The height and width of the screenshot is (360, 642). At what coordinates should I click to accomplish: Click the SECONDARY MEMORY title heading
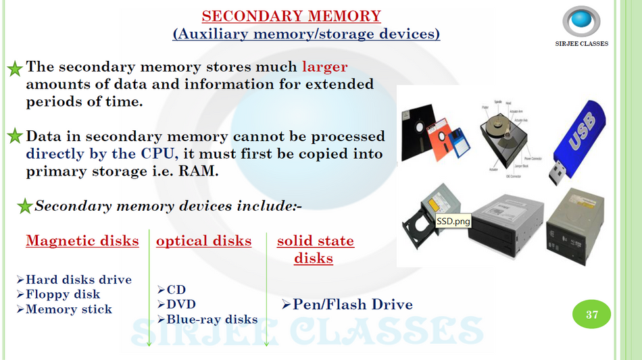click(x=291, y=16)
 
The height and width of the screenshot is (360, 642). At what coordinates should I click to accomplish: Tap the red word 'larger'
click(x=324, y=67)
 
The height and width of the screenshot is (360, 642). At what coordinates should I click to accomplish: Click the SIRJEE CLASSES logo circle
click(x=581, y=21)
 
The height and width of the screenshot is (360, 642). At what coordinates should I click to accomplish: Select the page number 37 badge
click(x=592, y=315)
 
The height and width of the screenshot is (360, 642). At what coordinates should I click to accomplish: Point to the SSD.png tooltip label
click(x=453, y=221)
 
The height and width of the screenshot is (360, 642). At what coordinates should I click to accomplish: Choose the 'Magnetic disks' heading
click(x=82, y=241)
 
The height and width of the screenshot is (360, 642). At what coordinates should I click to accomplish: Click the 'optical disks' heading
click(x=203, y=241)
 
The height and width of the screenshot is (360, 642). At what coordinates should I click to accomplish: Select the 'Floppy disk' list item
click(x=62, y=294)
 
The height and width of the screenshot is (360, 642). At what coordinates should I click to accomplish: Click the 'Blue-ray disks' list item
click(x=212, y=319)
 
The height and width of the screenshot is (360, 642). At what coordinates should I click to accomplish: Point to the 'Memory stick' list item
click(x=68, y=309)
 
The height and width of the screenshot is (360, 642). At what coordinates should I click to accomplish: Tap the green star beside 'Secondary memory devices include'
click(x=24, y=206)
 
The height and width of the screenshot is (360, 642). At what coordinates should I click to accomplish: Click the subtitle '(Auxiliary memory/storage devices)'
click(x=306, y=33)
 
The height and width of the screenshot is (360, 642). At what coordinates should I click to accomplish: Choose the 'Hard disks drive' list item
click(x=78, y=280)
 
